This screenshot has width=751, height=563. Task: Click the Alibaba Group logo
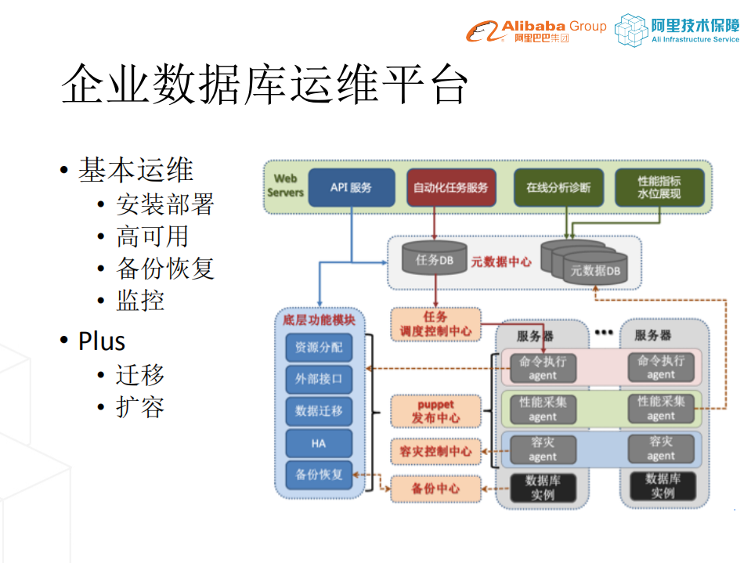pyautogui.click(x=536, y=31)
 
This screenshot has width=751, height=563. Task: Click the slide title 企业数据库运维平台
pyautogui.click(x=265, y=84)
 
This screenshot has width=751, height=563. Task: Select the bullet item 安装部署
pyautogui.click(x=164, y=204)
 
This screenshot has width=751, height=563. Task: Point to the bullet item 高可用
pyautogui.click(x=152, y=236)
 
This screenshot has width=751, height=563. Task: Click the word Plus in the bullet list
pyautogui.click(x=102, y=341)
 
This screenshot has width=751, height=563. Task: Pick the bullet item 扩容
pyautogui.click(x=140, y=407)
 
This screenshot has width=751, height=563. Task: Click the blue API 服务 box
pyautogui.click(x=351, y=188)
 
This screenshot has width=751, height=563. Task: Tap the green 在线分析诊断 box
pyautogui.click(x=558, y=188)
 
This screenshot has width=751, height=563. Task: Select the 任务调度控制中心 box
pyautogui.click(x=435, y=324)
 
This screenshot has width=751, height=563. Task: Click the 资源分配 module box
pyautogui.click(x=318, y=347)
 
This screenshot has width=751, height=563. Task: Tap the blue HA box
pyautogui.click(x=318, y=443)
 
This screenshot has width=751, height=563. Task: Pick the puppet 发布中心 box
pyautogui.click(x=435, y=411)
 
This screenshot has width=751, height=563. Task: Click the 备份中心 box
pyautogui.click(x=435, y=489)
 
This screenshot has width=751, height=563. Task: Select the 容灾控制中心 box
pyautogui.click(x=435, y=452)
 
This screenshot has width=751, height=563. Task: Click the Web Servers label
pyautogui.click(x=285, y=186)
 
